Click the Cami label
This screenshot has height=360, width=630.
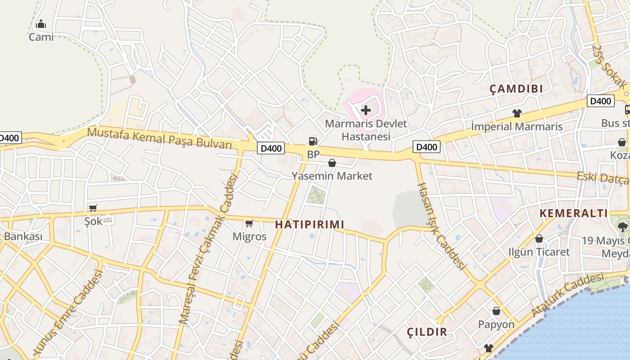coord(41,37)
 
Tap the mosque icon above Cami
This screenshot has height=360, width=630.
coord(41,24)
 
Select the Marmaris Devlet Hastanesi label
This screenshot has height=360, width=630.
coord(365,130)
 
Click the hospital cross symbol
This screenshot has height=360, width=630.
coord(366,110)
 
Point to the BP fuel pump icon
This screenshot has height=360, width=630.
coord(313,141)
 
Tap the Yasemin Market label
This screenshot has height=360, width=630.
coord(332,176)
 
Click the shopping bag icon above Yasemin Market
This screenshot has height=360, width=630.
coord(332,162)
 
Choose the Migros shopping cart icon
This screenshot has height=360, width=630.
coord(249,223)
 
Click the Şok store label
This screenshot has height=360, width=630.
coord(94,221)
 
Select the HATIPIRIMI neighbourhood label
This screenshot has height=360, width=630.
coord(309,224)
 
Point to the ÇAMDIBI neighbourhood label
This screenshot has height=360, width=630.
coord(516,89)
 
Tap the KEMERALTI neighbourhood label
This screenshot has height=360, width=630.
coord(573,213)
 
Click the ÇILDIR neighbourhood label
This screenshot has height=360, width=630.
coord(427,332)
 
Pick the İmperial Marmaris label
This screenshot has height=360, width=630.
coord(517,126)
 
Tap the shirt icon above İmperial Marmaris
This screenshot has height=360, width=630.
coord(517,113)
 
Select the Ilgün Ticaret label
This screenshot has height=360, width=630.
coord(539,252)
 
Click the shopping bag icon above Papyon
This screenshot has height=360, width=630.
coord(496,311)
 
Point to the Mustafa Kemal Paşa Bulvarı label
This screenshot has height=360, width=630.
coord(160,138)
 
